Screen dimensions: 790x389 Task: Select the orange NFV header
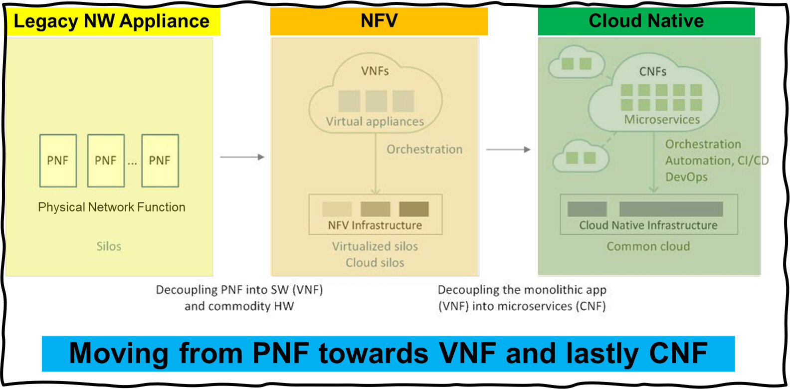point(379,21)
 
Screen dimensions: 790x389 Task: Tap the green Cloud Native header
point(646,21)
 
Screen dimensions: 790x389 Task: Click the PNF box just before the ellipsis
point(106,161)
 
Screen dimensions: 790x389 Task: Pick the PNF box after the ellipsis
point(160,161)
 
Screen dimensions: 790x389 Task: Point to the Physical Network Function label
point(111,207)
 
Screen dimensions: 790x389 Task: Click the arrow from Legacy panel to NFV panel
point(242,157)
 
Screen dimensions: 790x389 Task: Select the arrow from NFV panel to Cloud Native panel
point(508,150)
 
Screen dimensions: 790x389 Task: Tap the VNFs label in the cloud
point(375,71)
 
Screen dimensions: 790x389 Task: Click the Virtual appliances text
point(375,122)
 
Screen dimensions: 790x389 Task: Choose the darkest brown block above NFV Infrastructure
point(413,209)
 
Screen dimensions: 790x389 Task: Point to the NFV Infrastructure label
point(375,225)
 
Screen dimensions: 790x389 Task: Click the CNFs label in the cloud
point(653,72)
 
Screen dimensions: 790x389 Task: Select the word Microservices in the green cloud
point(662,120)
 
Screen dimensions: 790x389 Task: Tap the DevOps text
point(686,177)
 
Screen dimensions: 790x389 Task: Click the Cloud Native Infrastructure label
point(648,225)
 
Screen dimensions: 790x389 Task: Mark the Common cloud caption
point(648,246)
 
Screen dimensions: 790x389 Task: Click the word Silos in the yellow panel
point(109,246)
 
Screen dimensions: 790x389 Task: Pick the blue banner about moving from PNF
point(389,354)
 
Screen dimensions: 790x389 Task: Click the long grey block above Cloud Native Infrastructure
point(671,209)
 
